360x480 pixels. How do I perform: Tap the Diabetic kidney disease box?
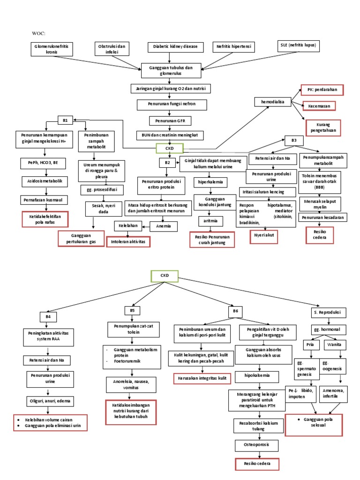(175, 47)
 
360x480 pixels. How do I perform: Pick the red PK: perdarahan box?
(322, 90)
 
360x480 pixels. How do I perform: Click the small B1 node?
(65, 120)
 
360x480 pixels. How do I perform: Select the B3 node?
(294, 140)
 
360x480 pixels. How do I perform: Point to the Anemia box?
(164, 226)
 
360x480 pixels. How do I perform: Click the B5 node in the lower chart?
(132, 310)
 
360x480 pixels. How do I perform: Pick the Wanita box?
(334, 345)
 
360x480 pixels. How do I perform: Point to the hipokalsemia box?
(256, 375)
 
